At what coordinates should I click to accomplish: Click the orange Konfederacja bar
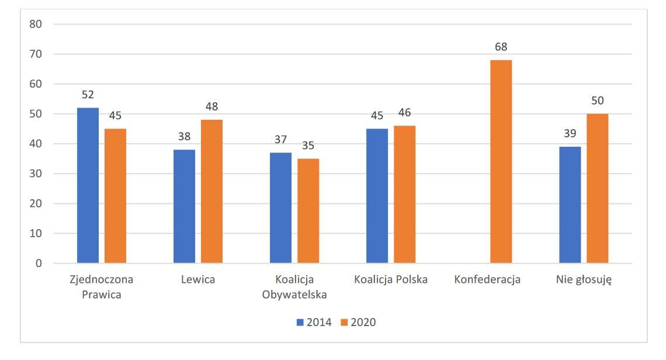pyautogui.click(x=501, y=161)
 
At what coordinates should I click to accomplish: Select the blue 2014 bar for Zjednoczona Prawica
pyautogui.click(x=88, y=185)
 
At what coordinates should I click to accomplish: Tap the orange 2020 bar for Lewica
pyautogui.click(x=211, y=191)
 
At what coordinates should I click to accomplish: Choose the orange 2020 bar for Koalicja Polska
pyautogui.click(x=404, y=194)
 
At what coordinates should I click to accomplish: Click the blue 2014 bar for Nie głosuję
pyautogui.click(x=570, y=205)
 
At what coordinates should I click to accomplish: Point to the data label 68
pyautogui.click(x=501, y=47)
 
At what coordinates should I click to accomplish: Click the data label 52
pyautogui.click(x=88, y=95)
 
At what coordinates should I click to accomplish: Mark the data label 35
pyautogui.click(x=308, y=146)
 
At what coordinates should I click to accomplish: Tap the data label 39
pyautogui.click(x=570, y=134)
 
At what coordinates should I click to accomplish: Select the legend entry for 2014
pyautogui.click(x=314, y=322)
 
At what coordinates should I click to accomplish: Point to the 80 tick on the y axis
pyautogui.click(x=36, y=24)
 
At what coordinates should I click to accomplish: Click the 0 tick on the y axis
pyautogui.click(x=39, y=263)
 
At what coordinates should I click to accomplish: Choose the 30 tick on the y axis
pyautogui.click(x=36, y=174)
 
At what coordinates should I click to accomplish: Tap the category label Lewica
pyautogui.click(x=197, y=279)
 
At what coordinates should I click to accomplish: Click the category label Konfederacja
pyautogui.click(x=487, y=279)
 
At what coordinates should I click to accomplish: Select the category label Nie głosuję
pyautogui.click(x=583, y=279)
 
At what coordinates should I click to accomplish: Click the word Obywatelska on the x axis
pyautogui.click(x=294, y=294)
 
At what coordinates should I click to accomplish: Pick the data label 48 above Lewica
pyautogui.click(x=211, y=107)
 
